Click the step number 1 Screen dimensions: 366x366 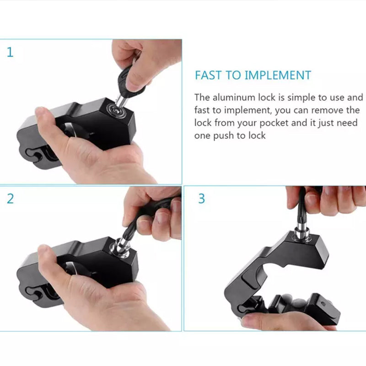[x=10, y=52]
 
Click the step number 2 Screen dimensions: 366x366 [x=10, y=199]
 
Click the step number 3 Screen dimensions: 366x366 [x=202, y=199]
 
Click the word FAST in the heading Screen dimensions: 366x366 [x=208, y=75]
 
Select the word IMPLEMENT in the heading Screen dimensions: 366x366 [x=278, y=75]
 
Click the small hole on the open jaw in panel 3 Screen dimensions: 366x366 [x=323, y=304]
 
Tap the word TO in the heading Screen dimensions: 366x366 [x=233, y=75]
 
